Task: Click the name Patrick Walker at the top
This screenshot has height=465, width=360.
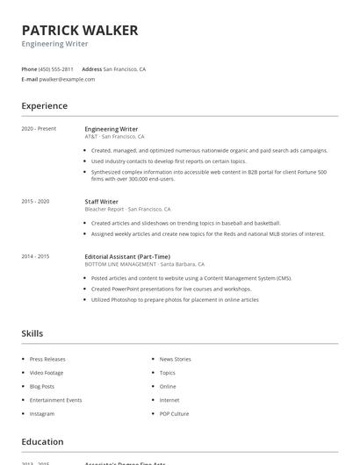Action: [80, 31]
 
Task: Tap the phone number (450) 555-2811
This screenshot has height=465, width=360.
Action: [56, 68]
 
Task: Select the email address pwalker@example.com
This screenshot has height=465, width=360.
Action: [67, 79]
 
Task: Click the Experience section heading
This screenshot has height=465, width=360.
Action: [45, 106]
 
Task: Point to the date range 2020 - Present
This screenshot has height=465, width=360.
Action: [39, 129]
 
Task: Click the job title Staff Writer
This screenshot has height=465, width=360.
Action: [102, 202]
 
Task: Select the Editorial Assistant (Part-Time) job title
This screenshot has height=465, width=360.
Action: [127, 256]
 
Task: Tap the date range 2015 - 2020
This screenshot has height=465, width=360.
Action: [35, 202]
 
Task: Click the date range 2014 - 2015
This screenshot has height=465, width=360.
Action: [35, 256]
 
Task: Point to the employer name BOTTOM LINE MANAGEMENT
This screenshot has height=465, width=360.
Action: [121, 264]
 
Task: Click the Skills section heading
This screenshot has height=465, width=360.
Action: [32, 333]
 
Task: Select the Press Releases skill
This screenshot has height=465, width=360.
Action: [47, 359]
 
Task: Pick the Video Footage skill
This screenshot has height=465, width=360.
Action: [47, 373]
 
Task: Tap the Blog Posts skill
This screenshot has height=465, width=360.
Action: [42, 386]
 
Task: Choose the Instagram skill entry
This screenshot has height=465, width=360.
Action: [42, 413]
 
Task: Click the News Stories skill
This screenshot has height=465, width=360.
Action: [175, 359]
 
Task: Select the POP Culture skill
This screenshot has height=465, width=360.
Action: [174, 413]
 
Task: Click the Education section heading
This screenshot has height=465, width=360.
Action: [42, 442]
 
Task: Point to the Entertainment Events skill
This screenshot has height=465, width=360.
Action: [55, 400]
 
